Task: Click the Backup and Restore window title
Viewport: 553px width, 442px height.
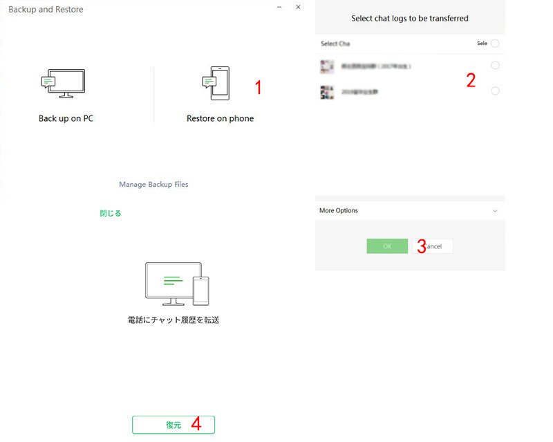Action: [46, 10]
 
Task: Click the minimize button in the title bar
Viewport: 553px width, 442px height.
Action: [279, 7]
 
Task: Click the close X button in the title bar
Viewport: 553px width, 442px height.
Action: [298, 7]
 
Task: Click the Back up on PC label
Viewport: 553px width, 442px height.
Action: [66, 118]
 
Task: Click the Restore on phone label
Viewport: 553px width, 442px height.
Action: [220, 118]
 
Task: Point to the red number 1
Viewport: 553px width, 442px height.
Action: [259, 88]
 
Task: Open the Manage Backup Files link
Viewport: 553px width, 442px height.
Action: [153, 185]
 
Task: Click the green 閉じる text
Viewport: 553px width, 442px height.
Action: [111, 214]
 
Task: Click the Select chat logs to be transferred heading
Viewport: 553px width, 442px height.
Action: [410, 18]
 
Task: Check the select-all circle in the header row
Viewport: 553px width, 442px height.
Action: [495, 44]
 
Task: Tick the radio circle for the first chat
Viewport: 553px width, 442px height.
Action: [495, 66]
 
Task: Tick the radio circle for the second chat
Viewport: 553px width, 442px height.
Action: [495, 91]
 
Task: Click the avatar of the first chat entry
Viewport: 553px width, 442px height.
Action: [327, 66]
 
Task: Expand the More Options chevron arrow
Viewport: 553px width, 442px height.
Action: [495, 211]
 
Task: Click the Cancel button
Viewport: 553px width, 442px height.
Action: [434, 246]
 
